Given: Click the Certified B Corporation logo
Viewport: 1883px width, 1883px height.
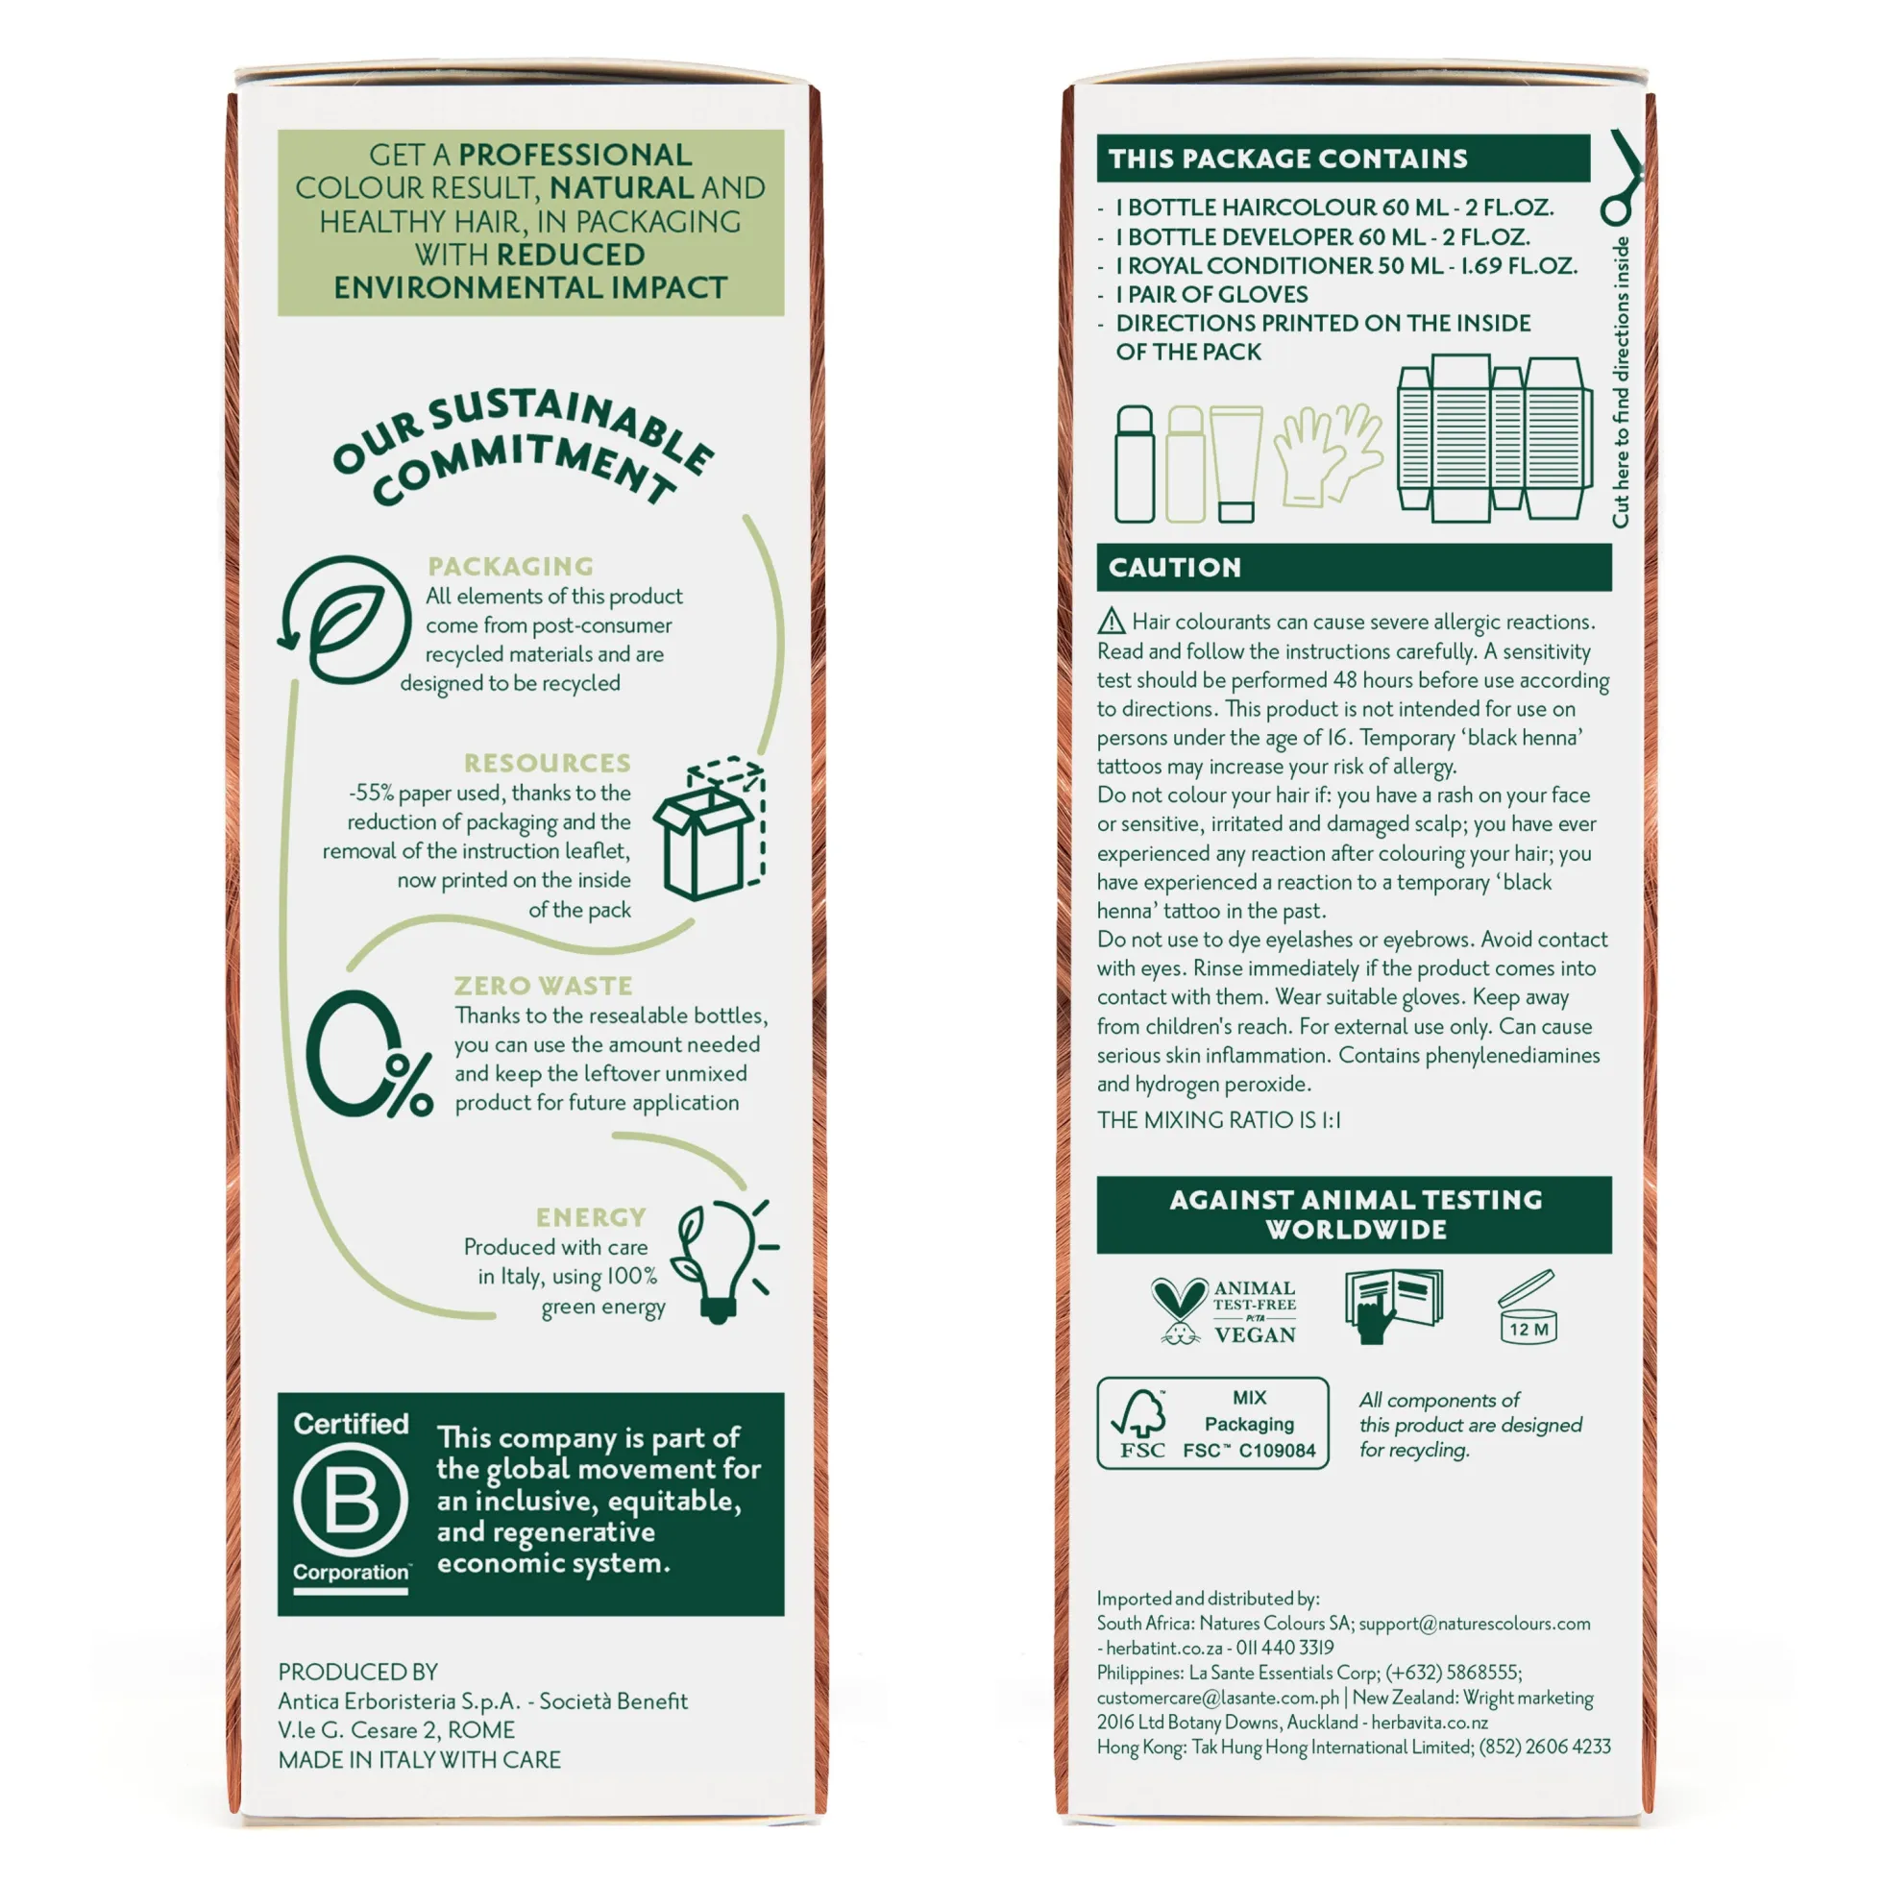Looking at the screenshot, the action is [x=351, y=1504].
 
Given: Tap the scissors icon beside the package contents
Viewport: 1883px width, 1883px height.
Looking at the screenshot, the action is [x=1621, y=178].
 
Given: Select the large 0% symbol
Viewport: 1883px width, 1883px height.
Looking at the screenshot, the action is [x=368, y=1054].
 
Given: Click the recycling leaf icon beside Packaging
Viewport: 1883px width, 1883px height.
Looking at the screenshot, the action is [x=344, y=620].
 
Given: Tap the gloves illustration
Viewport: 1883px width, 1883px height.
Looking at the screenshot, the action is [x=1329, y=454].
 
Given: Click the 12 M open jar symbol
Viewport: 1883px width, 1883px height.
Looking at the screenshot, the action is [x=1528, y=1307].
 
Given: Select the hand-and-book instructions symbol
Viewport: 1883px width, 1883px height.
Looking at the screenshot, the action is [x=1393, y=1306].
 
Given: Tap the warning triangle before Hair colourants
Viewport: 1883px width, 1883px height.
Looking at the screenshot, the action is [x=1112, y=621].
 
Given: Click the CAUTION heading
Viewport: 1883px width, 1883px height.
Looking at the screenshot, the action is [x=1174, y=567].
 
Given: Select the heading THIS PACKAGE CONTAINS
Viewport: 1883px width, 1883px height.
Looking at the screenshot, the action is [x=1287, y=159].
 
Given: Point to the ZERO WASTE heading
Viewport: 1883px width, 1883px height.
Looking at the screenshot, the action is [x=543, y=986].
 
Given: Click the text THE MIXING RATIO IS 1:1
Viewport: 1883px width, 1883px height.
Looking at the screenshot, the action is [x=1218, y=1120].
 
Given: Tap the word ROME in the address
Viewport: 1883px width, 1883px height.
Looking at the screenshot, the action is [x=481, y=1730].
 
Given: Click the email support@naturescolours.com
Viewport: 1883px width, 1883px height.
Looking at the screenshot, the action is [x=1475, y=1624].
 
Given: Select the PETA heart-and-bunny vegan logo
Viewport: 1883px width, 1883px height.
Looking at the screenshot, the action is [x=1223, y=1310].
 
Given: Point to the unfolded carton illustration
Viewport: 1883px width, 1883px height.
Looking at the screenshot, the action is [x=1494, y=435].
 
